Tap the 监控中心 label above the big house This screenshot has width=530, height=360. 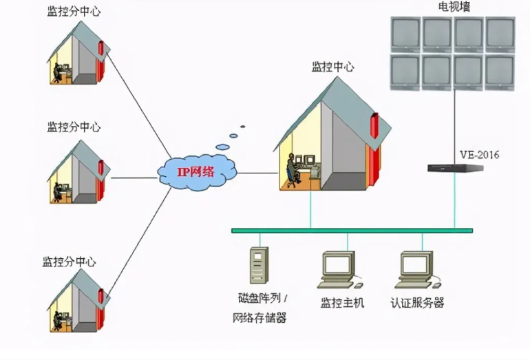[x=333, y=67]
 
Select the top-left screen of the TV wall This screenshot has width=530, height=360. [x=405, y=32]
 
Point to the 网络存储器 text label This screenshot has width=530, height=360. [x=259, y=317]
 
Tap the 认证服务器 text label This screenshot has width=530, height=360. [x=417, y=302]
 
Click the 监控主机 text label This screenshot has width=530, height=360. [x=342, y=302]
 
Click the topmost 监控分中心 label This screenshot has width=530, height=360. [x=74, y=12]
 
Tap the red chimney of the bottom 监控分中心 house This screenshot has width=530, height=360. [x=102, y=297]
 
